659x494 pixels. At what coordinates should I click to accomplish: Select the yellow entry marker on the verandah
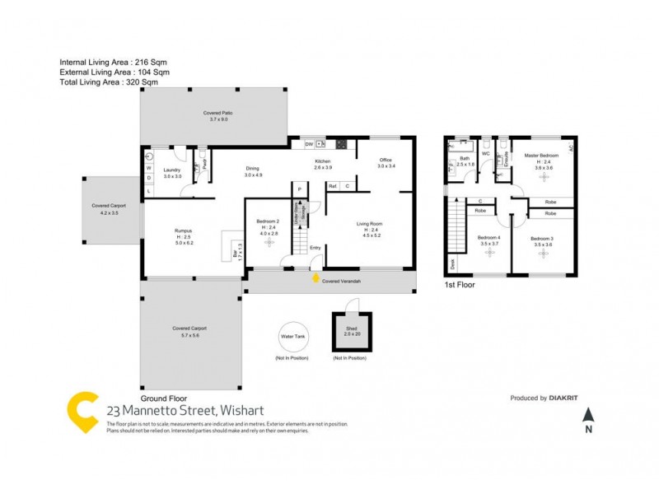315,279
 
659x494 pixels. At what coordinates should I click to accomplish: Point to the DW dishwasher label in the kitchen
308,144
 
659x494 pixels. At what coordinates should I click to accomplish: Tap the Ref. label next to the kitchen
333,186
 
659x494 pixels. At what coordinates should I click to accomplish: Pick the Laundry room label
172,171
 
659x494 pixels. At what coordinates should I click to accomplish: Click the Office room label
386,160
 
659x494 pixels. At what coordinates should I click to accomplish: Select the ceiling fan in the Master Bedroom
544,179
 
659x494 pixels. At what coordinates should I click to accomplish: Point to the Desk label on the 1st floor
452,264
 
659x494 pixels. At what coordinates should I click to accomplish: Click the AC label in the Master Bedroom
569,147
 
